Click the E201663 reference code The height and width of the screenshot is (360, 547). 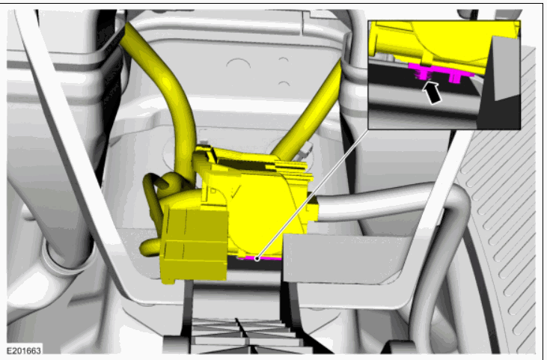[x=24, y=350]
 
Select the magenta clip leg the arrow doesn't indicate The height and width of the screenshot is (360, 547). [x=454, y=78]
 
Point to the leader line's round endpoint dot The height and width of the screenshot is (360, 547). [x=257, y=258]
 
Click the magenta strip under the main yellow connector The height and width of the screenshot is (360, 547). [x=260, y=258]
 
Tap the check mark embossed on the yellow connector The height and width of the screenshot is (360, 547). [x=235, y=192]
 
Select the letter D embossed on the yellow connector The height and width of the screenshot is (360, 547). [x=213, y=192]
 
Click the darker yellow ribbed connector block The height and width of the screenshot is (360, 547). [x=194, y=243]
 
